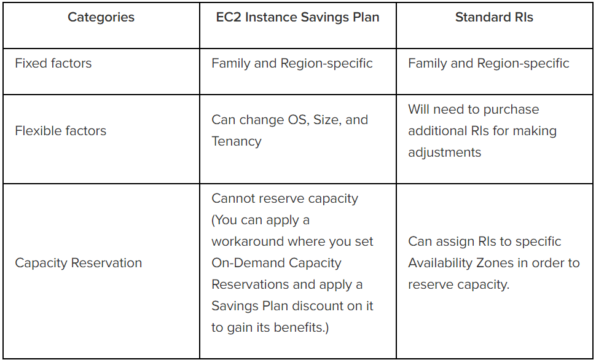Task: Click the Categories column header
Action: (101, 18)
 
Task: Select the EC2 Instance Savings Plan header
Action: (297, 18)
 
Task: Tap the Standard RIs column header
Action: (494, 18)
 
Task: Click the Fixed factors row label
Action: (53, 63)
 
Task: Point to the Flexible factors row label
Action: (61, 131)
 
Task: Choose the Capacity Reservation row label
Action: (79, 263)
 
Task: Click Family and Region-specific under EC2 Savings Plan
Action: (292, 63)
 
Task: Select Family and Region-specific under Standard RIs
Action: (488, 63)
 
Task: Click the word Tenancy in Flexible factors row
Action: (237, 141)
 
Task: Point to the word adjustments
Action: (445, 152)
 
